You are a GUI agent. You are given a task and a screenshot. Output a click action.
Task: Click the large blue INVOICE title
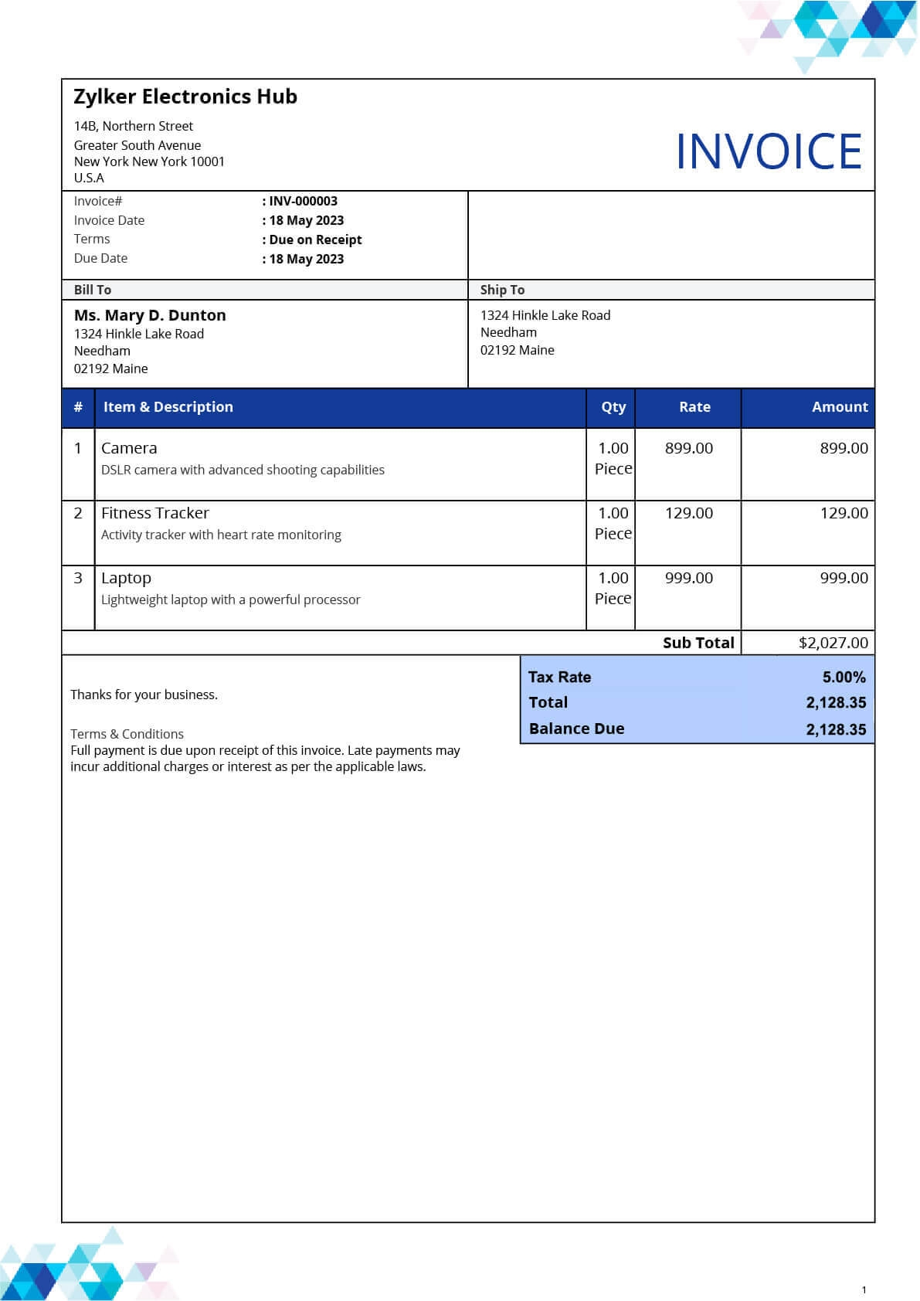point(768,151)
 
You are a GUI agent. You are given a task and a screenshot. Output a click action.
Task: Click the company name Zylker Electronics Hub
point(185,97)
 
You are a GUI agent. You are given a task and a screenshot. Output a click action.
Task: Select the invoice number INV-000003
point(303,201)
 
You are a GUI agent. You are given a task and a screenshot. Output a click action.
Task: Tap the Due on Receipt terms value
point(315,239)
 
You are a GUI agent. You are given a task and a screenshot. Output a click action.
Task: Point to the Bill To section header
point(93,290)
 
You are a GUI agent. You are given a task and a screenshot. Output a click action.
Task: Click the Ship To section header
point(502,290)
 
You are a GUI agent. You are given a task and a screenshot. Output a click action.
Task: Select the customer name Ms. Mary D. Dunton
point(150,315)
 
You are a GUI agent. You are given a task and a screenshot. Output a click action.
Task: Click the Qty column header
point(613,407)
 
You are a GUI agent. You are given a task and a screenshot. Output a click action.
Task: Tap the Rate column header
point(694,407)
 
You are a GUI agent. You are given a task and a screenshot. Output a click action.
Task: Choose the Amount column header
point(839,407)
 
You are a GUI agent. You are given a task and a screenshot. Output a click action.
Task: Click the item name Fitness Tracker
point(155,513)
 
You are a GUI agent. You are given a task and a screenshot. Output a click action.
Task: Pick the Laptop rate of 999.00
point(688,578)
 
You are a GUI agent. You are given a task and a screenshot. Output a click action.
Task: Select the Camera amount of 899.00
point(844,448)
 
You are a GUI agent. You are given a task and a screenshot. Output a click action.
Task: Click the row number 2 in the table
point(78,513)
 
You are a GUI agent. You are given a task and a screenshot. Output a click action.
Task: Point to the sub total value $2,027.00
point(833,643)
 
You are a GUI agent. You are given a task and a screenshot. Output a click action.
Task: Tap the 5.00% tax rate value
point(844,678)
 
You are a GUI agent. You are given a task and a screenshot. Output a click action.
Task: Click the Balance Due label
point(576,729)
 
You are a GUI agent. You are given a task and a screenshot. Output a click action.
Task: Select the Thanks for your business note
point(144,695)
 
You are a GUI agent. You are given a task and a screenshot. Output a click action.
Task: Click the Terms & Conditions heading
point(127,734)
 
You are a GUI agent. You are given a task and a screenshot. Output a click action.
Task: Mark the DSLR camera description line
point(243,470)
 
